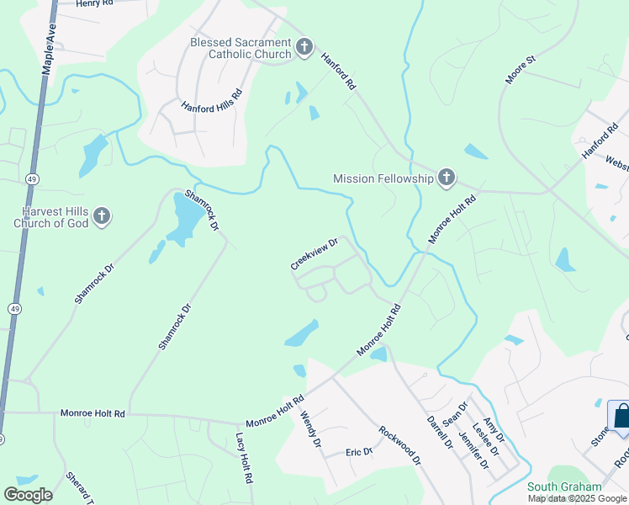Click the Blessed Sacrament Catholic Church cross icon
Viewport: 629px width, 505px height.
click(304, 45)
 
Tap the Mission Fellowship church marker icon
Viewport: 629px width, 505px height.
click(446, 178)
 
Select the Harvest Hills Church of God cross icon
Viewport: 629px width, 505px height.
click(101, 216)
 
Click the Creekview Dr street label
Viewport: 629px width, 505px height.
click(314, 253)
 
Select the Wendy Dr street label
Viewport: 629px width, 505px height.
click(310, 429)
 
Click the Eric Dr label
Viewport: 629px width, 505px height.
click(359, 452)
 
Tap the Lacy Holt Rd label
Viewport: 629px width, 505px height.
click(244, 459)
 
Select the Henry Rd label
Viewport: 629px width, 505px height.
click(93, 4)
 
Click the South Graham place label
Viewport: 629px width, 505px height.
click(564, 486)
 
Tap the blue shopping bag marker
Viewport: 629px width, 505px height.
click(621, 417)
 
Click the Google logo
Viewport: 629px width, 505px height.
click(29, 494)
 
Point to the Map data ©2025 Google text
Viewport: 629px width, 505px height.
click(577, 498)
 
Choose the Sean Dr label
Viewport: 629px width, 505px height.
click(455, 414)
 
